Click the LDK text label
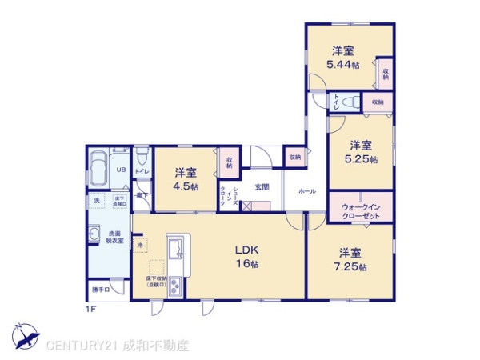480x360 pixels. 245,249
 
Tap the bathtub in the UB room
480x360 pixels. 101,168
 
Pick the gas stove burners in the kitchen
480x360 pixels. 176,288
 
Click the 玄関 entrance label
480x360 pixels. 262,186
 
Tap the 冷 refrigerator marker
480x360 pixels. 140,244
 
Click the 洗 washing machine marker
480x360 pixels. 96,200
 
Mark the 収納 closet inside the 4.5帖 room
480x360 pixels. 229,163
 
